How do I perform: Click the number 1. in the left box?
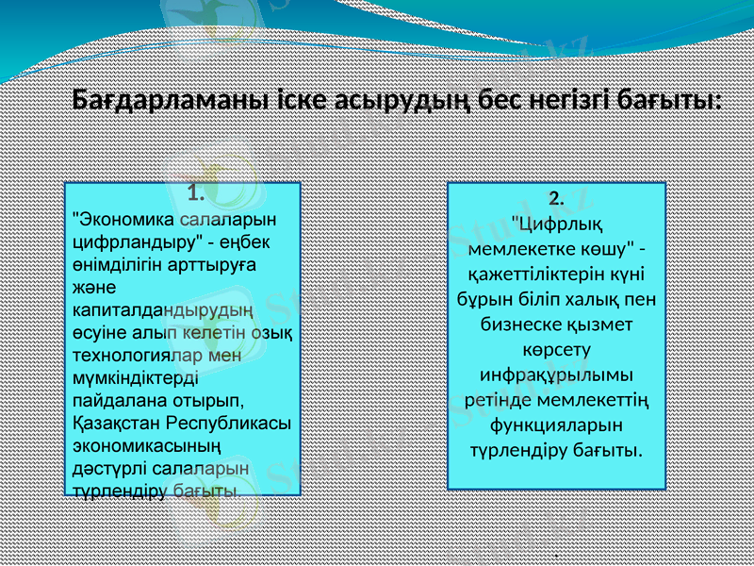(x=196, y=195)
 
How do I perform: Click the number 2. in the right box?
(x=556, y=198)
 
